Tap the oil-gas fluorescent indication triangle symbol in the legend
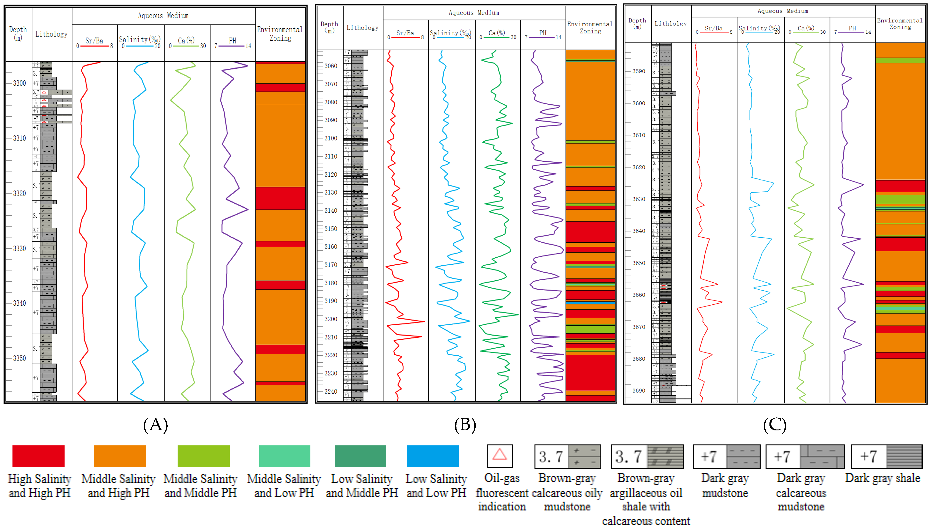click(499, 455)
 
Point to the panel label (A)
click(155, 425)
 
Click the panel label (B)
click(465, 425)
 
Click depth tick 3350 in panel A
click(19, 358)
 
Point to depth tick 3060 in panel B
click(330, 66)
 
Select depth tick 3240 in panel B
click(330, 391)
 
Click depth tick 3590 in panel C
click(638, 71)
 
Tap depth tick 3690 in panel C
click(638, 391)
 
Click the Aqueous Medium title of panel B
click(474, 13)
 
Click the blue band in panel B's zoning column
click(590, 302)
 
